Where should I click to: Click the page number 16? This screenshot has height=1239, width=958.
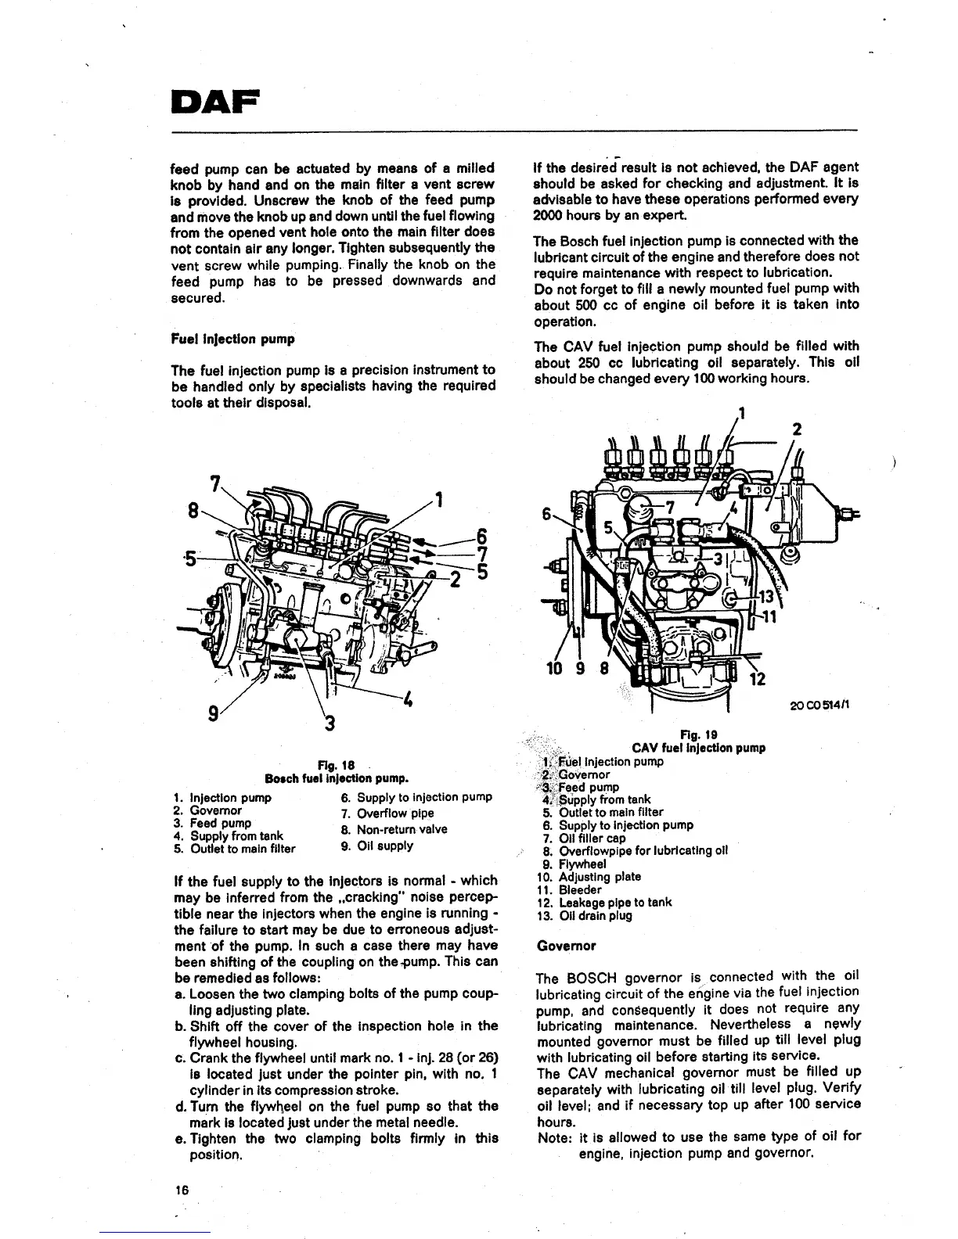[182, 1190]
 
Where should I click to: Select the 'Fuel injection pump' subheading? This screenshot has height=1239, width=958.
[232, 339]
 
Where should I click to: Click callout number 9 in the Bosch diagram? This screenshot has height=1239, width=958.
[212, 713]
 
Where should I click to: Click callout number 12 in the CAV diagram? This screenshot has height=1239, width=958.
[757, 679]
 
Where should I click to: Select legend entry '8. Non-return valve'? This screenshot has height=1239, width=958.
[394, 829]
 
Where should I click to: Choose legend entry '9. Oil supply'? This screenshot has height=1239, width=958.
[376, 846]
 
